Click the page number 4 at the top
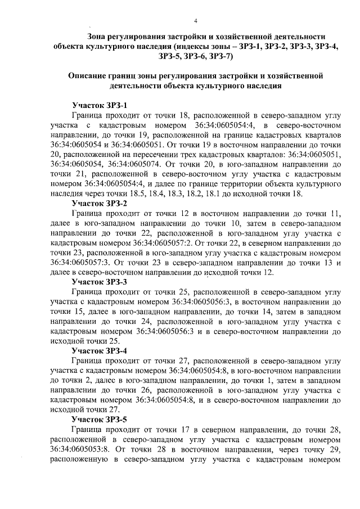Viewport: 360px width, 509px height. click(195, 21)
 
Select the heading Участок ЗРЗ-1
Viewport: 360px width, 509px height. click(100, 105)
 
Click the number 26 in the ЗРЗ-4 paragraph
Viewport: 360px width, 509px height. click(139, 389)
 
